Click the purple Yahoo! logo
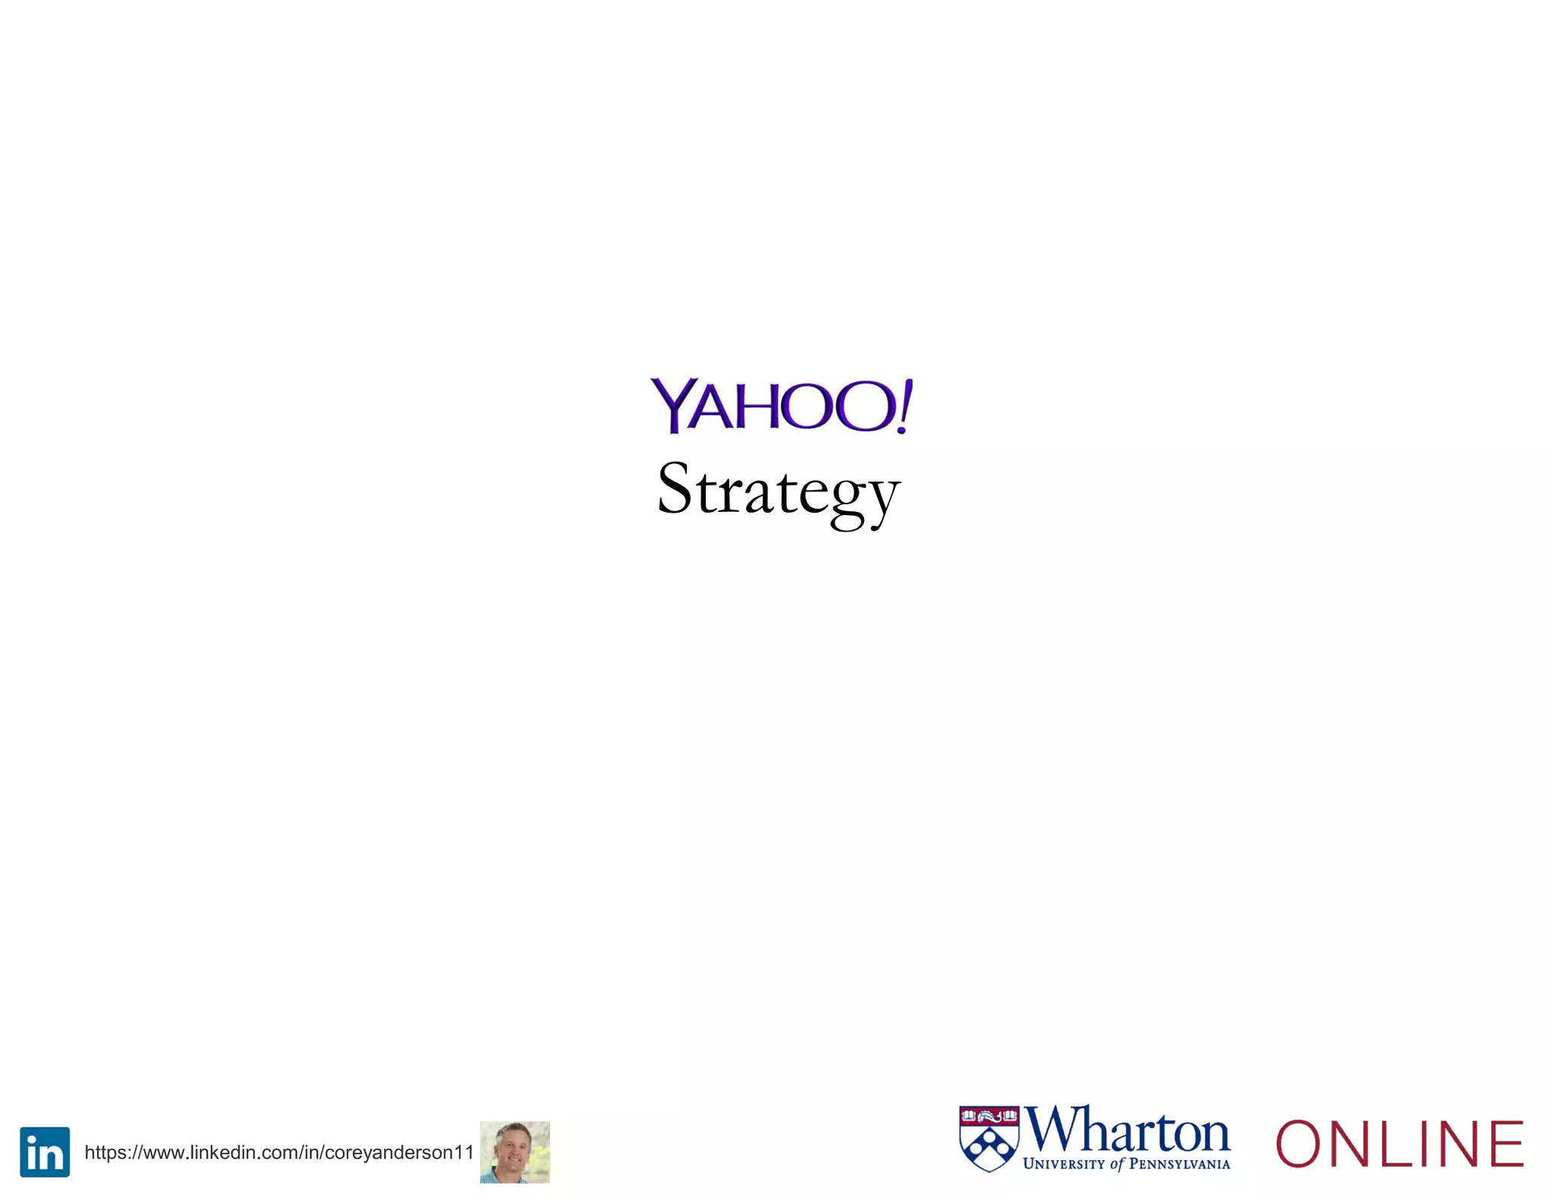click(781, 406)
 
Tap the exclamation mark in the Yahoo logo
click(903, 406)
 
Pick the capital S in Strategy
click(675, 488)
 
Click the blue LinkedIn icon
click(45, 1152)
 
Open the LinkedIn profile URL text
click(279, 1153)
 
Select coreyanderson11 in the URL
click(399, 1153)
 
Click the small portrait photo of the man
click(515, 1152)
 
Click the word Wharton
click(1128, 1131)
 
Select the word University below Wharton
click(1064, 1164)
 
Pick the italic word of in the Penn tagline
click(1117, 1164)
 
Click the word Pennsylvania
click(1179, 1164)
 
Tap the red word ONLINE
click(1400, 1143)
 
